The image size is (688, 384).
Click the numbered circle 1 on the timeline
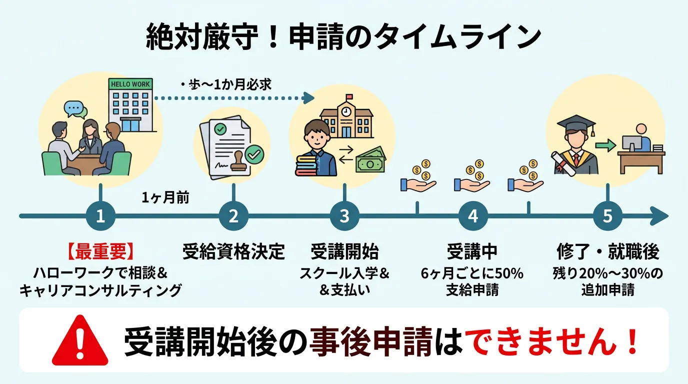click(100, 216)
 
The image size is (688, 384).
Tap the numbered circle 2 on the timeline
click(233, 216)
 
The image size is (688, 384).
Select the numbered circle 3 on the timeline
click(344, 216)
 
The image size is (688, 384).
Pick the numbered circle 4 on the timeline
click(472, 216)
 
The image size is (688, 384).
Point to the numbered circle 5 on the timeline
click(607, 216)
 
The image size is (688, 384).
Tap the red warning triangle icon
click(80, 342)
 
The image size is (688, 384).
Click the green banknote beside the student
click(371, 160)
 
